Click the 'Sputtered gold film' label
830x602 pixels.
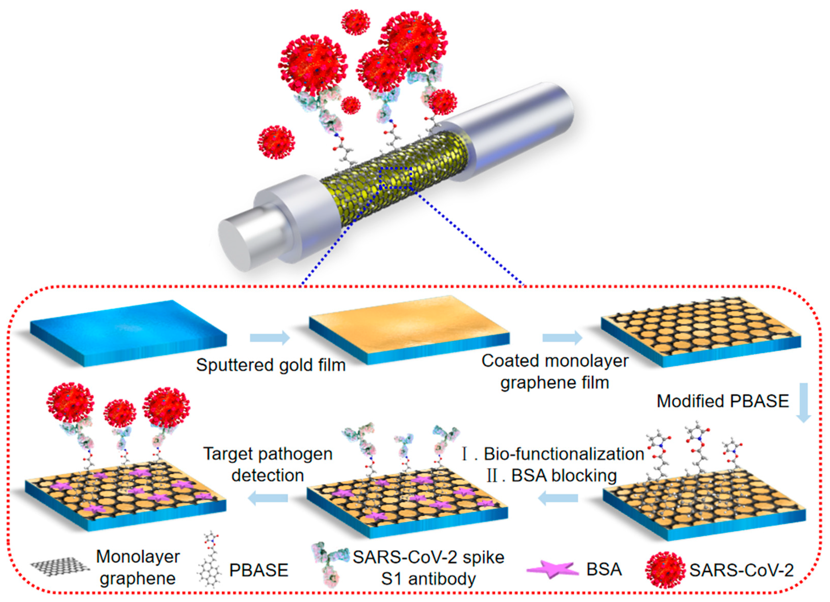pyautogui.click(x=271, y=365)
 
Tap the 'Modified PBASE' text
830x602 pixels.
pyautogui.click(x=723, y=401)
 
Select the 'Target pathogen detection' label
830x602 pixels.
pyautogui.click(x=268, y=465)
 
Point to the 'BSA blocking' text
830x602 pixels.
pyautogui.click(x=564, y=476)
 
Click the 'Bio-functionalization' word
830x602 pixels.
pyautogui.click(x=564, y=454)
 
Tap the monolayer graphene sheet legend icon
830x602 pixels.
pyautogui.click(x=60, y=565)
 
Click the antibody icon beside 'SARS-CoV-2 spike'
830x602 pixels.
pyautogui.click(x=328, y=565)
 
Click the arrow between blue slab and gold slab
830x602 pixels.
pyautogui.click(x=270, y=338)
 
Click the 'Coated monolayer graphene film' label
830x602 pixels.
pyautogui.click(x=555, y=372)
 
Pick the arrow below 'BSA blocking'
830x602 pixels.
pyautogui.click(x=558, y=498)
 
